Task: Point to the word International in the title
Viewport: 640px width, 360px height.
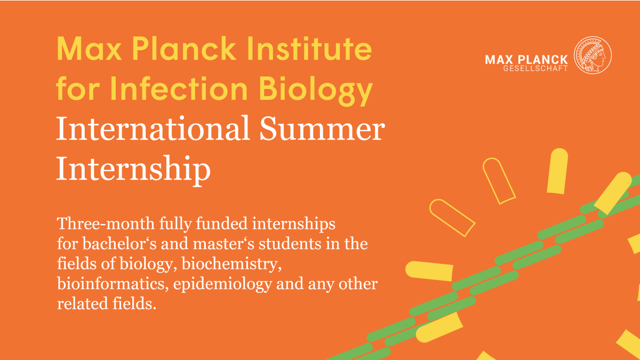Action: coord(153,129)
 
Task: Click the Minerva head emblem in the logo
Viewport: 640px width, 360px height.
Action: coord(593,55)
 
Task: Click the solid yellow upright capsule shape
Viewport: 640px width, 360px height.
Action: coord(557,171)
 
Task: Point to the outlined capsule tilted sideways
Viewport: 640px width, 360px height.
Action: coord(452,217)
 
